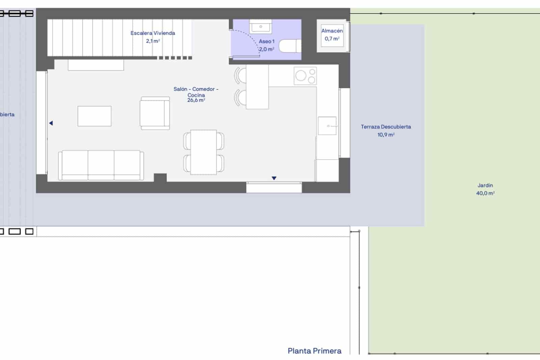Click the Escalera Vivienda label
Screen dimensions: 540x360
(153, 37)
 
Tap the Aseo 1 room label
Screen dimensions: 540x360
(267, 45)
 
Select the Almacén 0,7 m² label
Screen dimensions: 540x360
(332, 35)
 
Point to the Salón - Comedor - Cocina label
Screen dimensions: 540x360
(196, 95)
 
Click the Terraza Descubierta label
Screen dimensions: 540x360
(386, 131)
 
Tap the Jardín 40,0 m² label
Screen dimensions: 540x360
(485, 189)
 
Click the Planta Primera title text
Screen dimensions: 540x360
(315, 351)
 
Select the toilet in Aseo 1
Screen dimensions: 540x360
(290, 46)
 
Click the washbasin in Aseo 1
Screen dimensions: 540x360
(261, 26)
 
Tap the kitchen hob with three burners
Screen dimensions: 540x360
(305, 76)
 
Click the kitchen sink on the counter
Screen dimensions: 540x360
(327, 126)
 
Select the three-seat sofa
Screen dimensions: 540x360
(101, 165)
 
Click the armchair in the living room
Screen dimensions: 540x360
(155, 113)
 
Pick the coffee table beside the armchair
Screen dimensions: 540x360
(94, 116)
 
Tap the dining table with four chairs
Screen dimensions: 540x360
(204, 152)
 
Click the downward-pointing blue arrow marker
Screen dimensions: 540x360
(274, 178)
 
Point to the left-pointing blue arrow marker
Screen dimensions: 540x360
(51, 123)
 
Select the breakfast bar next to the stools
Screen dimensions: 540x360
(257, 87)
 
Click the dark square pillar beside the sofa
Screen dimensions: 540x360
(160, 178)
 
